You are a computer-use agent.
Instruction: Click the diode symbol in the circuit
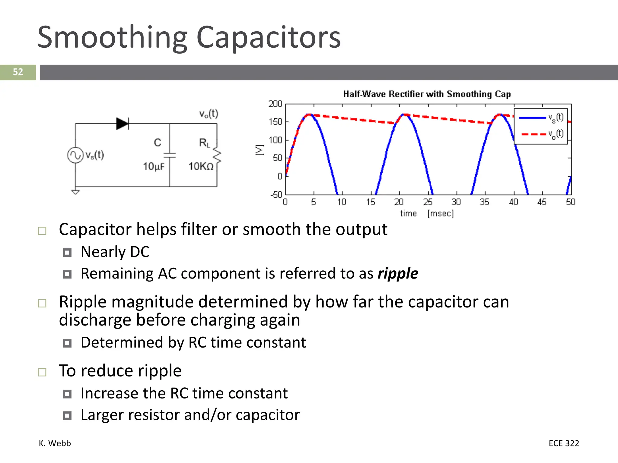pos(122,124)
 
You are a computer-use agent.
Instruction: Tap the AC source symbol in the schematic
pos(75,155)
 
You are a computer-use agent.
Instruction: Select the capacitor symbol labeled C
pos(170,155)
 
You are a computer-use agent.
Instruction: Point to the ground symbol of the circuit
pos(75,192)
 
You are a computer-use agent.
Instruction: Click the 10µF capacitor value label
pos(154,166)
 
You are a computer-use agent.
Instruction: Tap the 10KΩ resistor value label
pos(201,166)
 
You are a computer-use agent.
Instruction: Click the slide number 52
pos(18,72)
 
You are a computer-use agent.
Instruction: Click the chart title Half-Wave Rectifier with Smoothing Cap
pos(427,94)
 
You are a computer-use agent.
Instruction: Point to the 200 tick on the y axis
pos(275,104)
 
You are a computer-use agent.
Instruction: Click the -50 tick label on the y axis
pos(276,194)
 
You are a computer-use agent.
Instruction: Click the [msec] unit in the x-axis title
pos(441,213)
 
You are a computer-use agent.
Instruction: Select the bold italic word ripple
pos(398,274)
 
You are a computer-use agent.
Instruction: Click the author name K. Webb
pos(55,443)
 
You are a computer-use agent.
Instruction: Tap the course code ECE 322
pos(564,443)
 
